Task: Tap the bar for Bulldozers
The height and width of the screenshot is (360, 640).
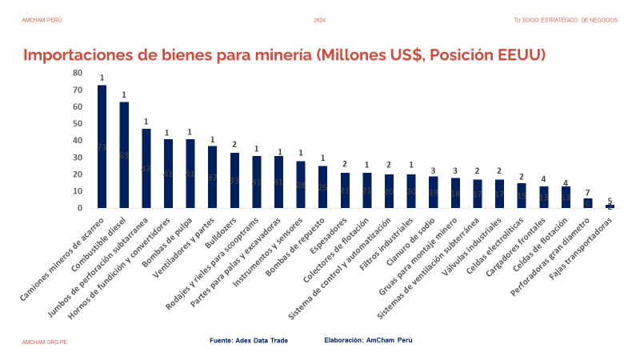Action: tap(234, 180)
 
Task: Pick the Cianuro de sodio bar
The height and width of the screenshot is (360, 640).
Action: tap(433, 192)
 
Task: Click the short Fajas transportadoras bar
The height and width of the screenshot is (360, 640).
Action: tap(610, 206)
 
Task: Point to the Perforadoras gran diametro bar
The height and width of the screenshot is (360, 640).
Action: tap(587, 203)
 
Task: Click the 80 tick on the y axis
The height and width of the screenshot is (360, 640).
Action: tap(77, 73)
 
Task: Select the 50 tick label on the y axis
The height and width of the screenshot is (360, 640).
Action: tap(77, 124)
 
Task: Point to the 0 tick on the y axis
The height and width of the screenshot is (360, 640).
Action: tap(79, 208)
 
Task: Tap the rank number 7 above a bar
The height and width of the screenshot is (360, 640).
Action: tap(587, 193)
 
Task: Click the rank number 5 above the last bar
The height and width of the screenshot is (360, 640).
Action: tap(610, 201)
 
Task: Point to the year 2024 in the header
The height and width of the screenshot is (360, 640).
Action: tap(320, 20)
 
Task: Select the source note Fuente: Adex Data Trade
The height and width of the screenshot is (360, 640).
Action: tap(248, 340)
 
